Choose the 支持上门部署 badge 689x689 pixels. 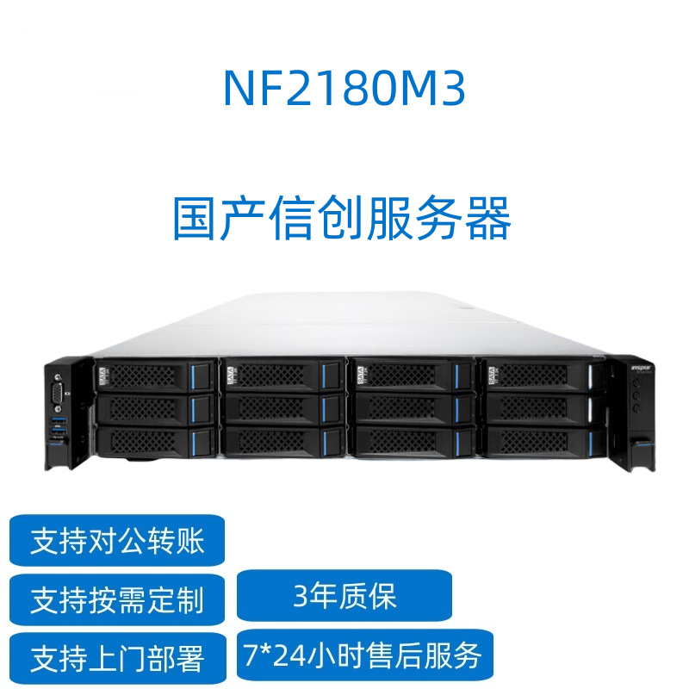(x=117, y=659)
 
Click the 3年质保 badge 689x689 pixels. (x=344, y=595)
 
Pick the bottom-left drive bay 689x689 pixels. (x=154, y=440)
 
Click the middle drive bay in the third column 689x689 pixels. (x=410, y=407)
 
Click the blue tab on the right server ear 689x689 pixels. (x=641, y=443)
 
